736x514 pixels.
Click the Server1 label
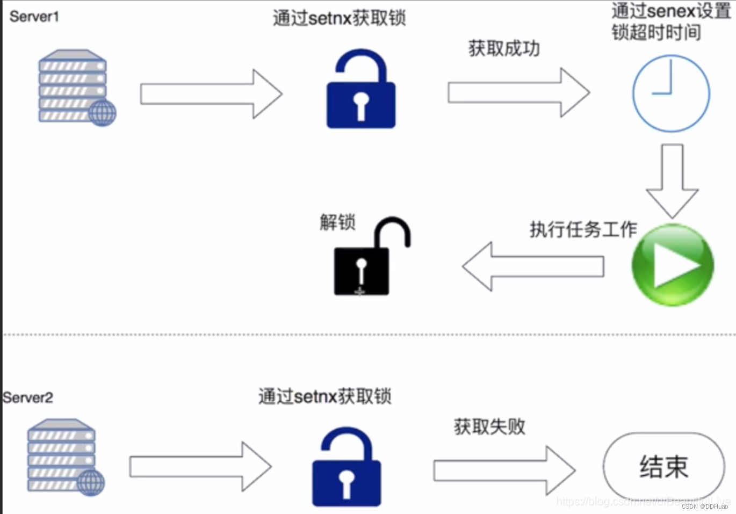34,17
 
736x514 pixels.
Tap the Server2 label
28,397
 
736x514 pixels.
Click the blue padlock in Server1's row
360,91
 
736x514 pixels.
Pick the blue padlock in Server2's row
347,468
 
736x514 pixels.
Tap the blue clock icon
670,93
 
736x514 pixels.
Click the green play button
672,265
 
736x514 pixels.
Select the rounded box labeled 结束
664,466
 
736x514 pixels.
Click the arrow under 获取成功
518,92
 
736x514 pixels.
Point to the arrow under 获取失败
504,470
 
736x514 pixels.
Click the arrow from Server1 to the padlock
211,94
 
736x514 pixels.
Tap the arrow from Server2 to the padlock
200,467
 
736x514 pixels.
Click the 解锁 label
337,222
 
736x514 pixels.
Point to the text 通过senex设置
671,11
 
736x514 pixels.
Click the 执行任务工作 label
583,229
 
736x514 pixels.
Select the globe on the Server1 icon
102,113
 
